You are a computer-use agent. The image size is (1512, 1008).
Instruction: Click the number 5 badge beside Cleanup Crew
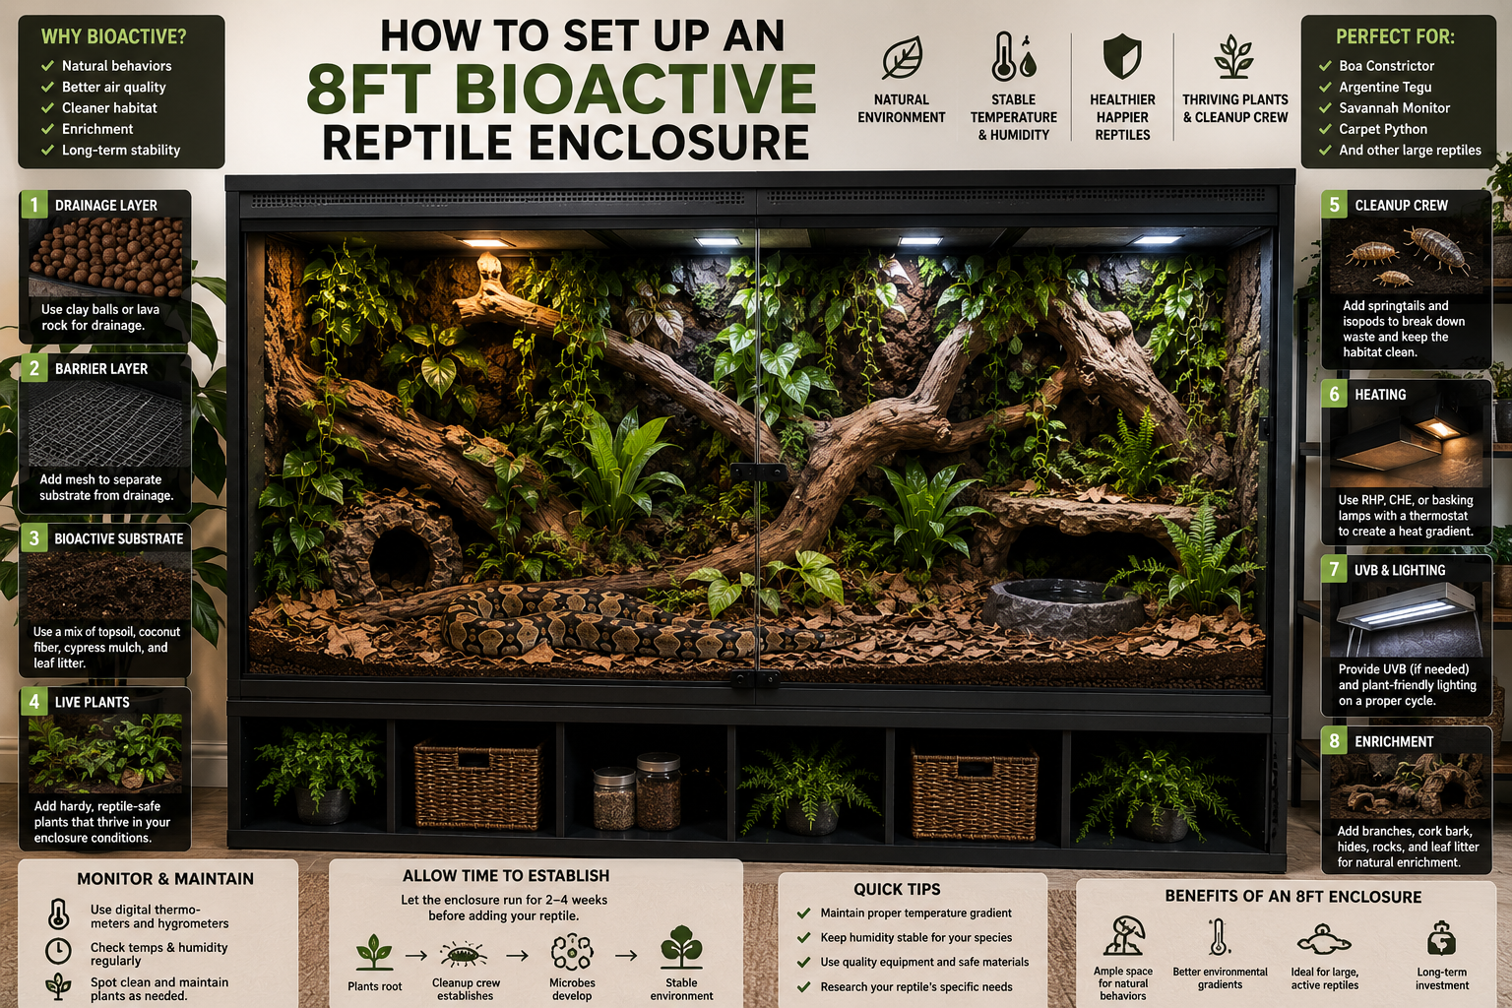(1335, 205)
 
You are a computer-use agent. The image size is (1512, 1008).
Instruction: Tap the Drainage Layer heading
(106, 206)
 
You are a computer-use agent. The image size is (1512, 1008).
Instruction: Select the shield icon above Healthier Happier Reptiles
(1122, 57)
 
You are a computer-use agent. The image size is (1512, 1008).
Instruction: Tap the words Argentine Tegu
(1385, 87)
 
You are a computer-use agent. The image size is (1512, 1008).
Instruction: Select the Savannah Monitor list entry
(1395, 108)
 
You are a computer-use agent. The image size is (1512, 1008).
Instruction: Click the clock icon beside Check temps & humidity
(59, 951)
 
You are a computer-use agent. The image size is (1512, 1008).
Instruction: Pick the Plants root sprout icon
(374, 952)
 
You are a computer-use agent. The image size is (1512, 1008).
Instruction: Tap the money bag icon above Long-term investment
(1441, 938)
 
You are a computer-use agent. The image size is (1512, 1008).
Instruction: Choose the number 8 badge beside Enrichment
(1335, 740)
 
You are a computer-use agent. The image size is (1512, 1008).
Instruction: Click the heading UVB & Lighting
(1400, 571)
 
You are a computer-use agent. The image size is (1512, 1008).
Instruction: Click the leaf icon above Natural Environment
(902, 57)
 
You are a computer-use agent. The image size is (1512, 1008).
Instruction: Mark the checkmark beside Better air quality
(47, 87)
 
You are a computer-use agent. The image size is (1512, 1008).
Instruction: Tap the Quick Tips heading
(897, 889)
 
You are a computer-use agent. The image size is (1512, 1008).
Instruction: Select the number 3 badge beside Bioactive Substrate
(33, 538)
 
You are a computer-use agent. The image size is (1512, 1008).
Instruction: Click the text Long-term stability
(121, 150)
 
